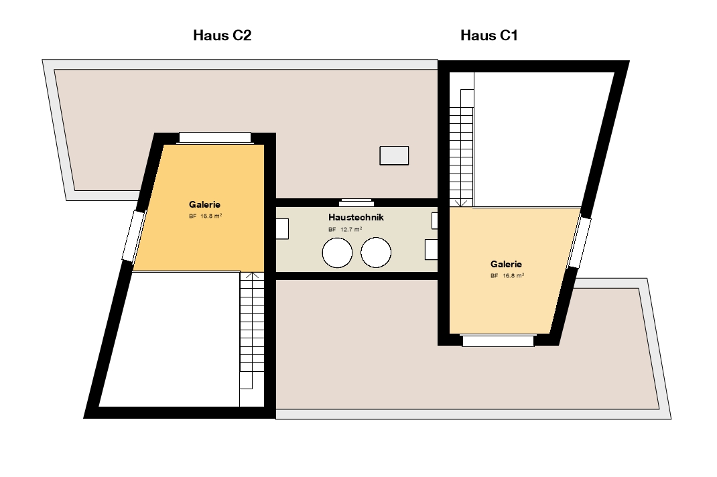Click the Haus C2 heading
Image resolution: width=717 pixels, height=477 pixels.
(222, 36)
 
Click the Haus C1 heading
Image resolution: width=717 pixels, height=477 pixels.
(488, 36)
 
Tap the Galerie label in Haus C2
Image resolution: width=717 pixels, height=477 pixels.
(204, 204)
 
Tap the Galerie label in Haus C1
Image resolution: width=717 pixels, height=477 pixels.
(506, 264)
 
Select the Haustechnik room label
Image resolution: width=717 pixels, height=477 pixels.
(356, 217)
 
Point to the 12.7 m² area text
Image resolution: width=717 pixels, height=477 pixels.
(351, 230)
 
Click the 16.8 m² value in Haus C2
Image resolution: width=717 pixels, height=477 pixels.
(211, 216)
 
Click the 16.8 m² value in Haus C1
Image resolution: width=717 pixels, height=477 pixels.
(513, 276)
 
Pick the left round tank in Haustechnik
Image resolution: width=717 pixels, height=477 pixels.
(338, 253)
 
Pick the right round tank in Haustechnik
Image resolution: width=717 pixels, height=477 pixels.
(376, 253)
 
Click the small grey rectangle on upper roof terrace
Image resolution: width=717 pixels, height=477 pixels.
(394, 155)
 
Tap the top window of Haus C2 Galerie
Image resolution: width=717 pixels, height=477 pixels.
(215, 137)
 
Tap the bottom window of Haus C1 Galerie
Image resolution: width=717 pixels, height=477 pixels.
(498, 341)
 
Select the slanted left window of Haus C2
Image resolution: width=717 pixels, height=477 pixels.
(133, 236)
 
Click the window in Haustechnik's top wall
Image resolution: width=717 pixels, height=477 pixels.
(356, 202)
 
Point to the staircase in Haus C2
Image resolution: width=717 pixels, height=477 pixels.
(252, 340)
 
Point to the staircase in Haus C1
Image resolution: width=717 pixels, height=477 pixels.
(462, 139)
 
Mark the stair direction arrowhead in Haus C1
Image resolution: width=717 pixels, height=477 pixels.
(462, 204)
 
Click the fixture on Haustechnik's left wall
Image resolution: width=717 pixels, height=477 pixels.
(282, 228)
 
